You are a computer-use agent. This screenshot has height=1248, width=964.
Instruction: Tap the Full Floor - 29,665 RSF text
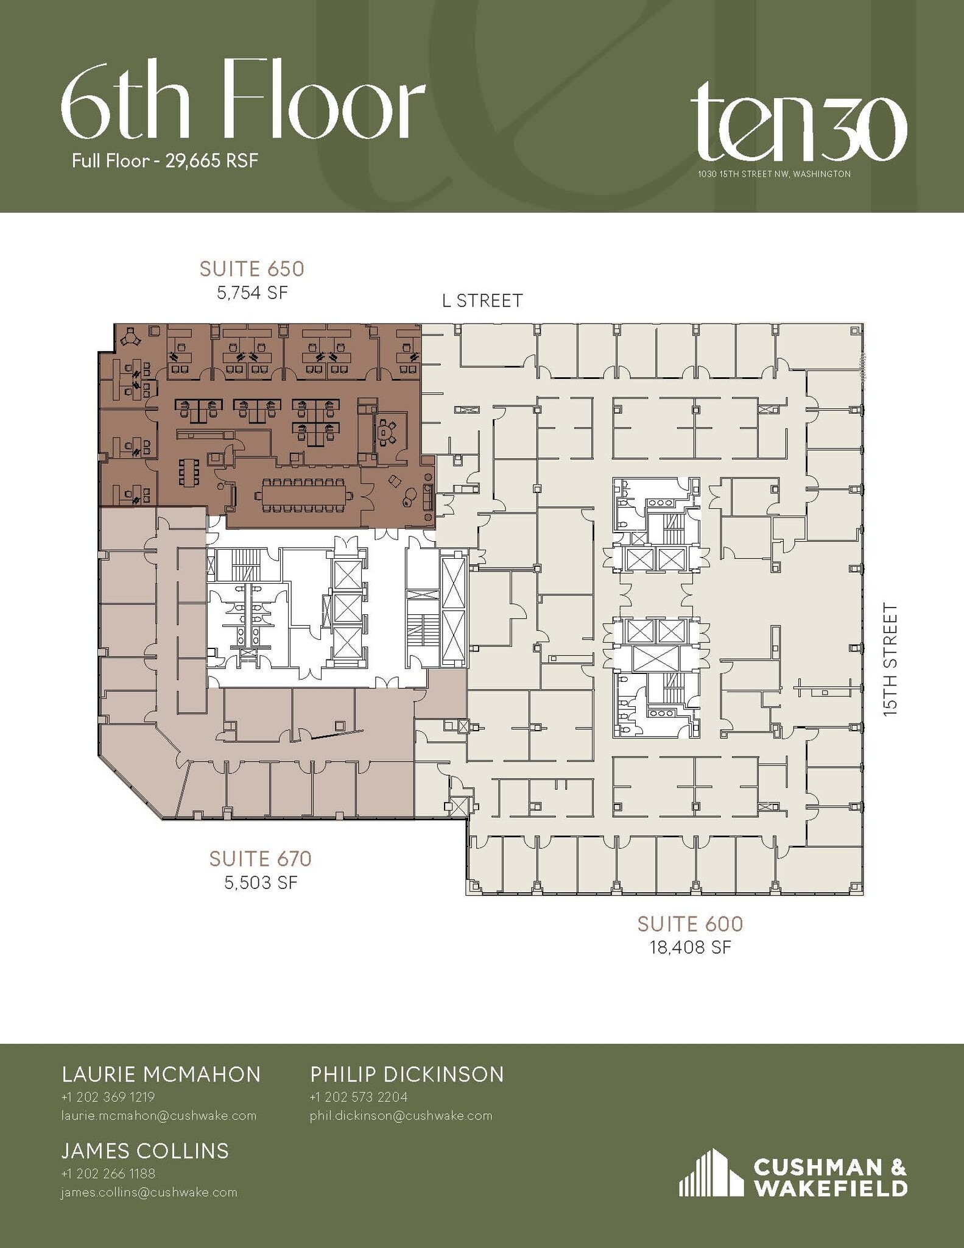click(x=165, y=161)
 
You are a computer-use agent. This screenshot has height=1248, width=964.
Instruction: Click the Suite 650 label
click(x=252, y=269)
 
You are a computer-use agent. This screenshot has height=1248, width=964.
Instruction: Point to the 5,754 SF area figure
click(x=252, y=293)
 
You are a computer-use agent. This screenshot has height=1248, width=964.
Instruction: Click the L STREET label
click(x=482, y=301)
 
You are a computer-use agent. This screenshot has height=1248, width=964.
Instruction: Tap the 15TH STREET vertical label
click(x=890, y=659)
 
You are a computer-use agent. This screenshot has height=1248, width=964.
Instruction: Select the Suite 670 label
click(x=260, y=859)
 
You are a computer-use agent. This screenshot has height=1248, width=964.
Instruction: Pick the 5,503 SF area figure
click(x=261, y=883)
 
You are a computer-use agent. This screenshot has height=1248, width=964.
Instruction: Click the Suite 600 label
click(x=690, y=924)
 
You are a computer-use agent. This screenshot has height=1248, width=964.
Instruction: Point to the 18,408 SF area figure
click(x=690, y=948)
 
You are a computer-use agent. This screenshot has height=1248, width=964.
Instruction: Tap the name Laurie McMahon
click(x=161, y=1074)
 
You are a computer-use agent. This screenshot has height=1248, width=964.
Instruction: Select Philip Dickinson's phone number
click(x=358, y=1097)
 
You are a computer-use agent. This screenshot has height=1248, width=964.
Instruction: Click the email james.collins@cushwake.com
click(x=149, y=1193)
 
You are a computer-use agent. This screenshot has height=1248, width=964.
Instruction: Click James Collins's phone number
click(x=108, y=1173)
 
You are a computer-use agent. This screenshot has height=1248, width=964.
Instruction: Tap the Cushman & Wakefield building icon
click(x=711, y=1173)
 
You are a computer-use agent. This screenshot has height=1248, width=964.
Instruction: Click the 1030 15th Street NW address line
click(x=774, y=174)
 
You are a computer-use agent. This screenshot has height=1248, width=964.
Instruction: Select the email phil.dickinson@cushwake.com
click(x=401, y=1116)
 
